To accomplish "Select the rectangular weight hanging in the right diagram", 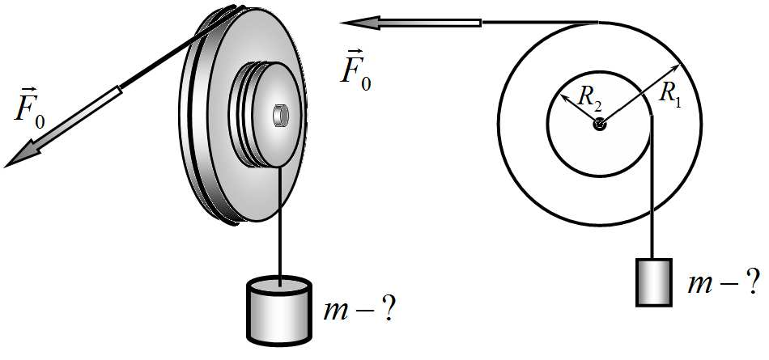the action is pyautogui.click(x=654, y=282).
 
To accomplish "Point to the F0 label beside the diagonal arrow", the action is pyautogui.click(x=29, y=110).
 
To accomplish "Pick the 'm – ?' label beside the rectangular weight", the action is pyautogui.click(x=724, y=283).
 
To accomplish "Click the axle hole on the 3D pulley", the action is pyautogui.click(x=281, y=115).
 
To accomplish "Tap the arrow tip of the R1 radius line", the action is pyautogui.click(x=679, y=65).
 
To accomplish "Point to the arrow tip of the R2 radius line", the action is pyautogui.click(x=562, y=95).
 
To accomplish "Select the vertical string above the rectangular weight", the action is pyautogui.click(x=652, y=186).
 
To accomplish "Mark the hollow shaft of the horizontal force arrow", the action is pyautogui.click(x=431, y=23).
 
